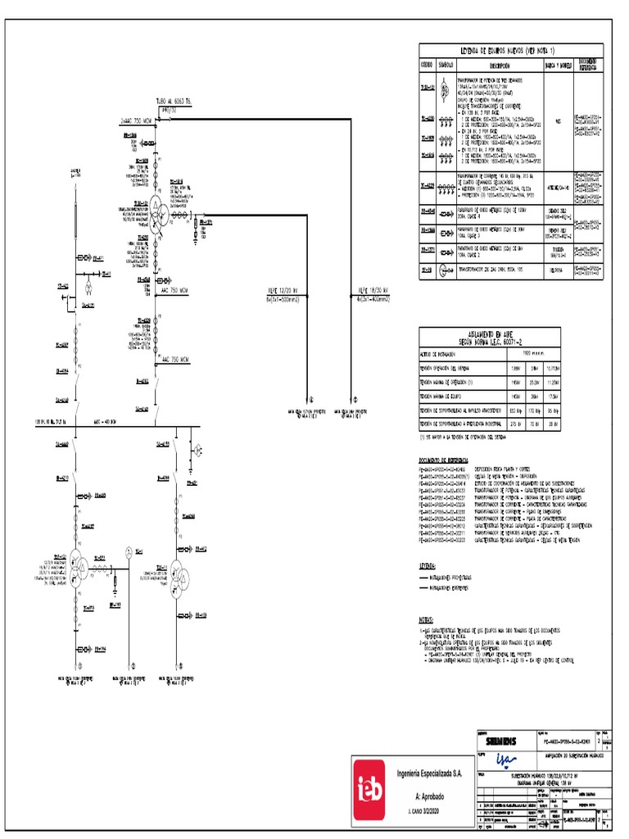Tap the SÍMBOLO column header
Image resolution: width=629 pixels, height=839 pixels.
coord(446,65)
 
